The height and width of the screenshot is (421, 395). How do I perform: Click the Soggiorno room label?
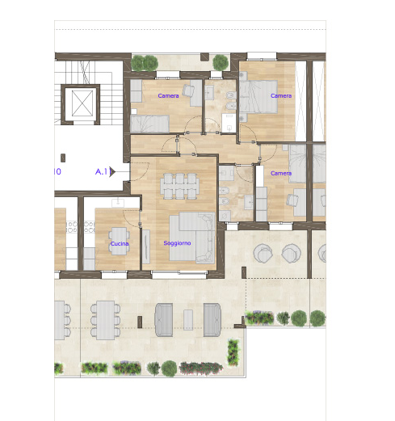click(177, 242)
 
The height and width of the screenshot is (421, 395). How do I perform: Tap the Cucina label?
click(120, 243)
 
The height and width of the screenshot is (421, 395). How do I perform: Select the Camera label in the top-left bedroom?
click(169, 96)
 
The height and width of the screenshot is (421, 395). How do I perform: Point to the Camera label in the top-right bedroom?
click(281, 96)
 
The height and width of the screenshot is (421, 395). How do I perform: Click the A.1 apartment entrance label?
click(102, 171)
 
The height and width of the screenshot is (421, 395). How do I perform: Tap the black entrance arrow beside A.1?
click(114, 171)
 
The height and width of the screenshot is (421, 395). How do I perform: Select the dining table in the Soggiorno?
click(180, 186)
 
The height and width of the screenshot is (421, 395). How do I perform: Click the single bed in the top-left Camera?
click(149, 123)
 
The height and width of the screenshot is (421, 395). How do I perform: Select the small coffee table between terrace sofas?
click(189, 317)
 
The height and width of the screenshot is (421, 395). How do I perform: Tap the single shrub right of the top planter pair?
click(220, 61)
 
